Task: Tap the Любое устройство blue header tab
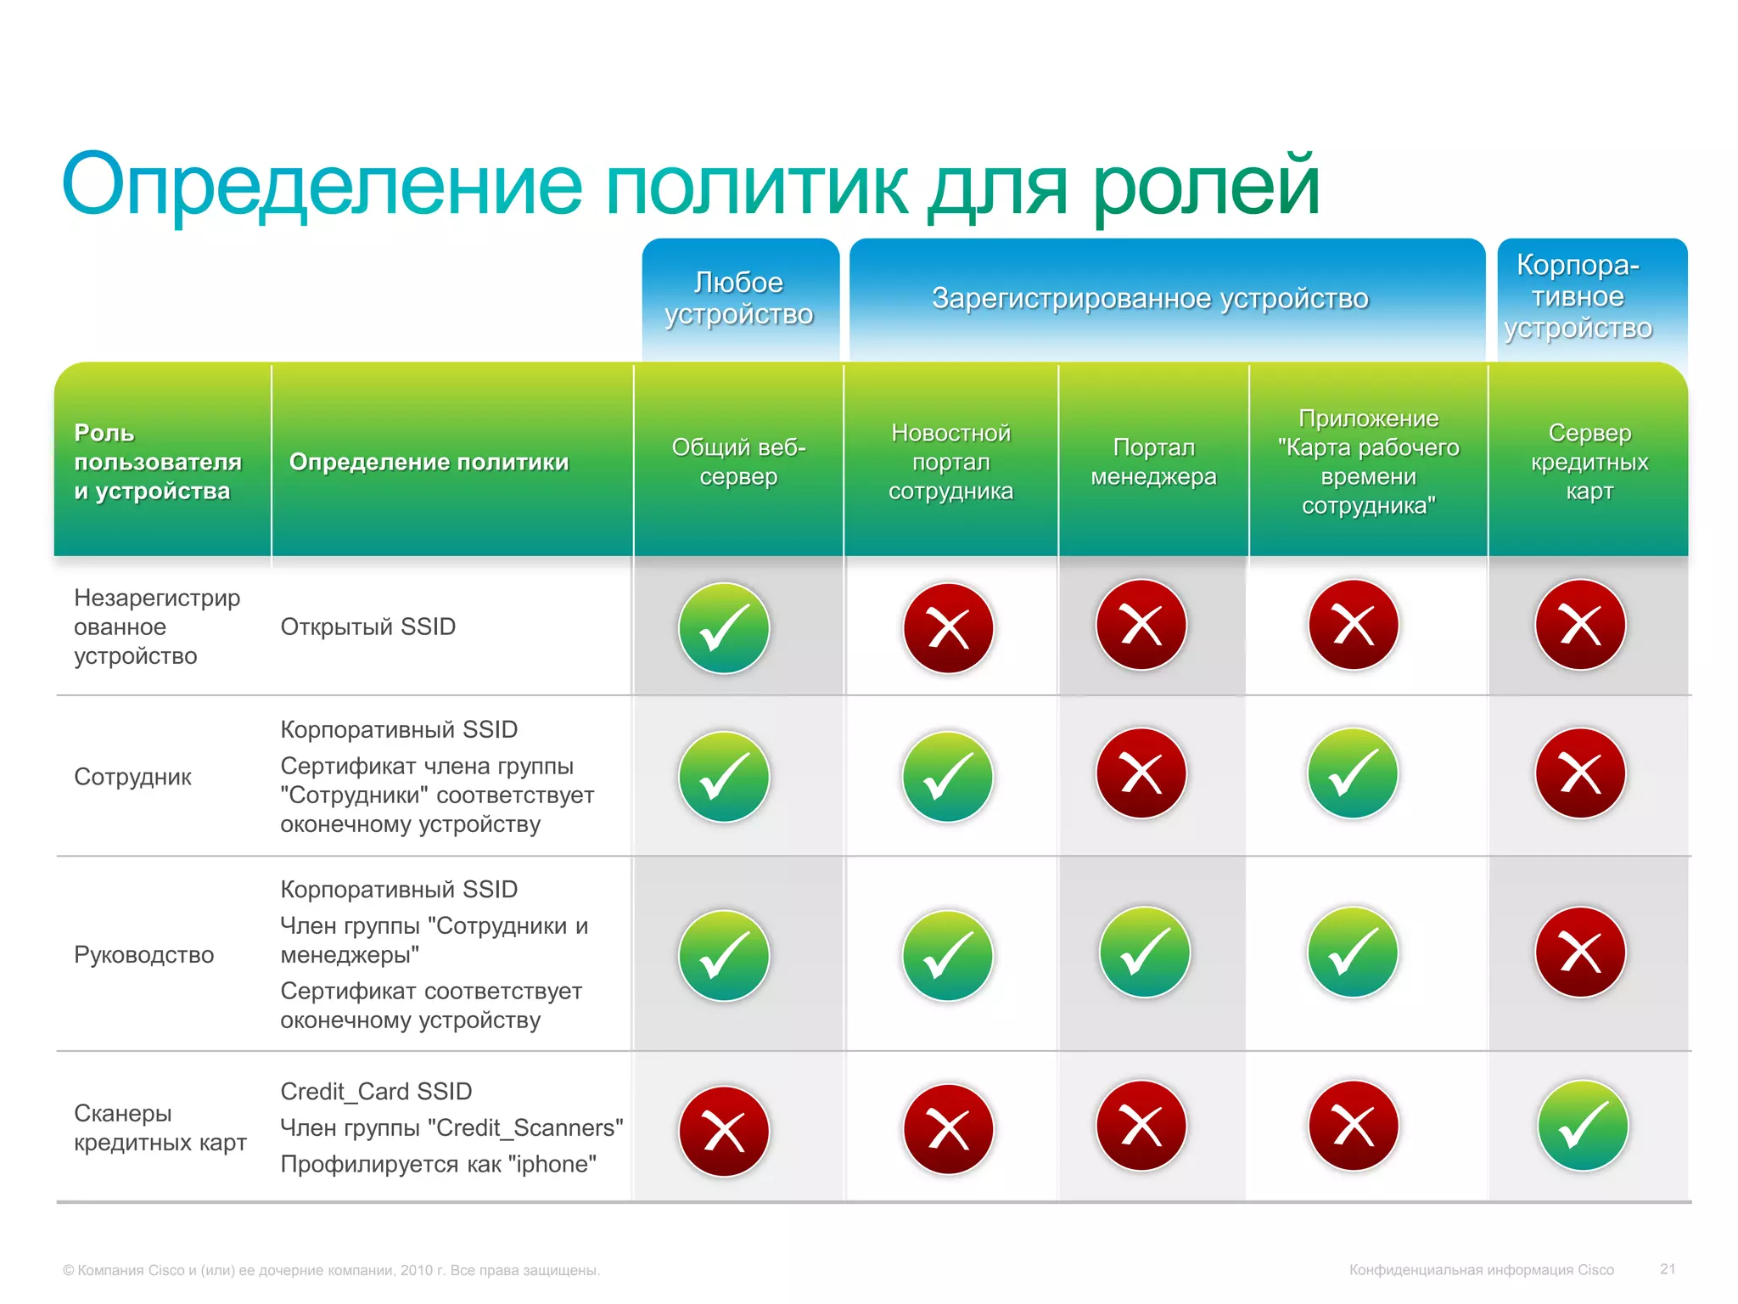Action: click(739, 298)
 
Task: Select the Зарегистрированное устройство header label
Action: click(1150, 298)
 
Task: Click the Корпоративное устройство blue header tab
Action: click(1578, 296)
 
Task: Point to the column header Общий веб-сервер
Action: click(738, 462)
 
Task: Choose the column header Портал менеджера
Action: click(1153, 462)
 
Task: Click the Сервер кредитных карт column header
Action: click(1589, 462)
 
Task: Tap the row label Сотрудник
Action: click(132, 777)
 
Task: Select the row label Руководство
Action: click(143, 955)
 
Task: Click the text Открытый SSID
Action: click(367, 627)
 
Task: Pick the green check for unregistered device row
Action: click(724, 628)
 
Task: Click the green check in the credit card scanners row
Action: click(1583, 1126)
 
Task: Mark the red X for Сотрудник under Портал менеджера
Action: click(1141, 773)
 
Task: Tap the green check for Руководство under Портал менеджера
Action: click(1144, 953)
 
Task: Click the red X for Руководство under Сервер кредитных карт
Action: click(1580, 953)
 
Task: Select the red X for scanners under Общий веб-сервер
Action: click(724, 1131)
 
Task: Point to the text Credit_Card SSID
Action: click(376, 1091)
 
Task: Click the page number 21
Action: click(1668, 1269)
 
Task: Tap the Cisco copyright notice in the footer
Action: click(331, 1270)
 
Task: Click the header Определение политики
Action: click(429, 462)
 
